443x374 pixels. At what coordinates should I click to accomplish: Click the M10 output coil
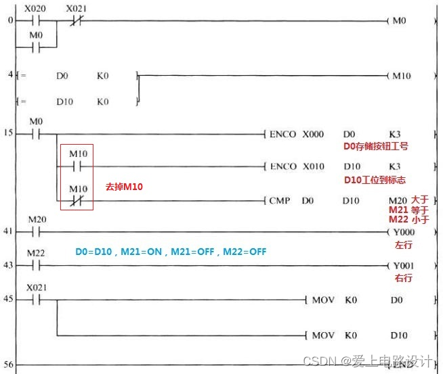[x=402, y=76]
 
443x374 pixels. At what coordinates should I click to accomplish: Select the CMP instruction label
[x=279, y=200]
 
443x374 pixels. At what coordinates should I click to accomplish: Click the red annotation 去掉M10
[x=124, y=186]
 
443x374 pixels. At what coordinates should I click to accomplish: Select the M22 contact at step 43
[x=36, y=265]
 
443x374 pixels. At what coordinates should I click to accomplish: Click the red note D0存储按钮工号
[x=376, y=146]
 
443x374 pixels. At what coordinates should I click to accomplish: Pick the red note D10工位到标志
[x=375, y=179]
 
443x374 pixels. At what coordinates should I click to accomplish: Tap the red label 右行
[x=404, y=278]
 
